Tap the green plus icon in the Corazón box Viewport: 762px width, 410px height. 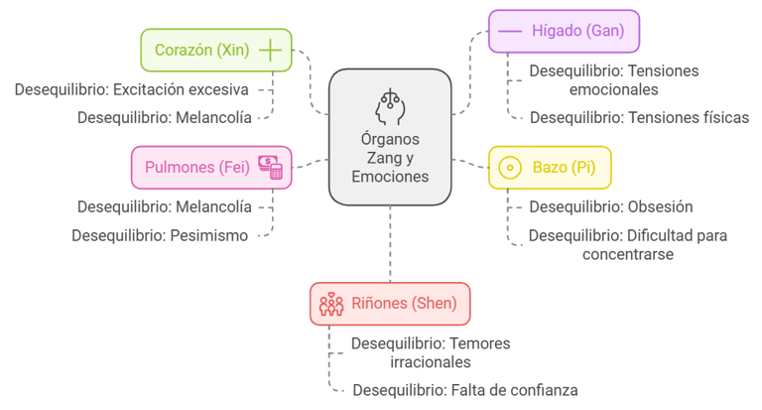coord(270,49)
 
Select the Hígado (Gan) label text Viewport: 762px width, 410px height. coord(578,31)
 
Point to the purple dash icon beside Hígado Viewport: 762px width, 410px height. coord(510,32)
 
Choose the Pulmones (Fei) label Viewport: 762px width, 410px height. coord(196,167)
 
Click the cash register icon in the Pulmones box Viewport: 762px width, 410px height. coord(270,167)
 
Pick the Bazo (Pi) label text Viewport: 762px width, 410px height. coord(564,167)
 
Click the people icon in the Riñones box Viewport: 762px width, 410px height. coord(330,304)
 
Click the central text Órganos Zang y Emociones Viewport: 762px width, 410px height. coord(390,158)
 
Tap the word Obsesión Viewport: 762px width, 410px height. coord(660,206)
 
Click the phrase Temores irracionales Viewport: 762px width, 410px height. coord(466,352)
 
